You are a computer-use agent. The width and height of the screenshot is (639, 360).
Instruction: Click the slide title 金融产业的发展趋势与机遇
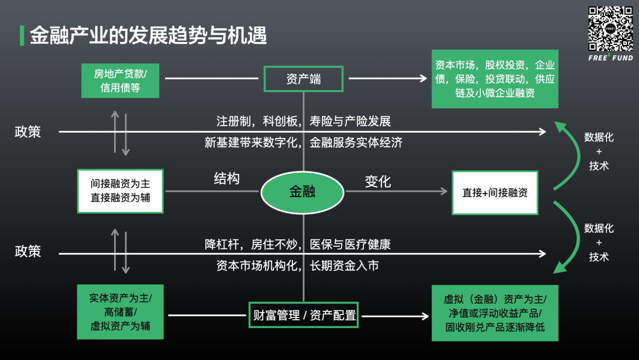click(149, 35)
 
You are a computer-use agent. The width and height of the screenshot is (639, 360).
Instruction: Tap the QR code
click(611, 28)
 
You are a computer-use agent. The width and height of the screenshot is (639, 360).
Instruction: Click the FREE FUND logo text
click(611, 57)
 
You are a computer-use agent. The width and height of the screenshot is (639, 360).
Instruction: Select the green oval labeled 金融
click(302, 192)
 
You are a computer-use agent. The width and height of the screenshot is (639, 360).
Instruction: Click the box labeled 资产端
click(304, 79)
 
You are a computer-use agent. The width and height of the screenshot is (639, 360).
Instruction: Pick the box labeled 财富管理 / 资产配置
click(304, 315)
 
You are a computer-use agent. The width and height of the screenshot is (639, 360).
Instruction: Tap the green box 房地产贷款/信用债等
click(120, 81)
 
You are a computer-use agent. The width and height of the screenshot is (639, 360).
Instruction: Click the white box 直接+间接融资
click(495, 192)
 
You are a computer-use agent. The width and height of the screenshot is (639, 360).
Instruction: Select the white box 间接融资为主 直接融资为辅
click(120, 191)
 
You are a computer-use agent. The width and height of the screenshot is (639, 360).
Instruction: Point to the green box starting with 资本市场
click(495, 79)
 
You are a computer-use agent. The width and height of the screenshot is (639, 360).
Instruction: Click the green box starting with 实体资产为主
click(120, 312)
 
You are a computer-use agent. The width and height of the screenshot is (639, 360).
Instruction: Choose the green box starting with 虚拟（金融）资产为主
click(495, 313)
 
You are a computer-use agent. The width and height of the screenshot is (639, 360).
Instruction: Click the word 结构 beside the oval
click(227, 178)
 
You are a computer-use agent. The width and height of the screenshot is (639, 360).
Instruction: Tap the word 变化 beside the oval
click(377, 181)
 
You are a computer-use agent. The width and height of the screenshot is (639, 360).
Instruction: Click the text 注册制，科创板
click(257, 121)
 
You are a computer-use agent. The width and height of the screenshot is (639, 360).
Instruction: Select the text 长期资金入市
click(344, 266)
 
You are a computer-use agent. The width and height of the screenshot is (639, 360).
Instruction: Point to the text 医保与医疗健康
click(350, 244)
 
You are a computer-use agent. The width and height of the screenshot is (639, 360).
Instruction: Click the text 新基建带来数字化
click(251, 142)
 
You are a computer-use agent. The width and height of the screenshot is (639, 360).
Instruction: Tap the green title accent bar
click(22, 36)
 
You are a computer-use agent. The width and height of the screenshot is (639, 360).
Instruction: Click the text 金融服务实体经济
click(356, 142)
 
